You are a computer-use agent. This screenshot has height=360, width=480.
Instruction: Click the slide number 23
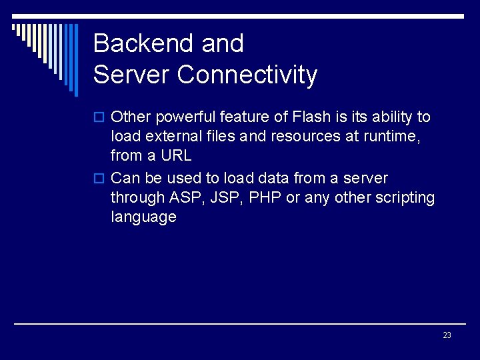pyautogui.click(x=447, y=335)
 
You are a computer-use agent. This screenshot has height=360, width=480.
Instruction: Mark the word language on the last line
pyautogui.click(x=143, y=217)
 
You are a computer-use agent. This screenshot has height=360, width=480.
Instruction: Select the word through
pyautogui.click(x=138, y=198)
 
